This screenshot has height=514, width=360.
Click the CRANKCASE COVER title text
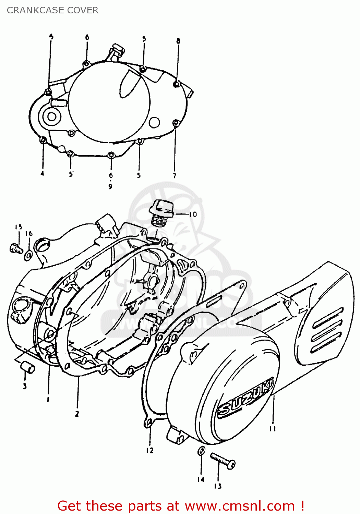52,10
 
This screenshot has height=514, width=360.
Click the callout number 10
193,214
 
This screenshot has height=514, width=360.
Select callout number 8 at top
178,41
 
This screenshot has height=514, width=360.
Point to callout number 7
175,175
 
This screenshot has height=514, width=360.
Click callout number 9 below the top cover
110,187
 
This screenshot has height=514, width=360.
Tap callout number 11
273,428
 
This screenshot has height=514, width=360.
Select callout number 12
150,451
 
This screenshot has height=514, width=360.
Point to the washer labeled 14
202,451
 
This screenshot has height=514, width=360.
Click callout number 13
218,486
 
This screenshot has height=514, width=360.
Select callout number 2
77,414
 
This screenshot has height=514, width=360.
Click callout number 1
48,400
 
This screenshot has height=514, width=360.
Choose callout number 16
29,234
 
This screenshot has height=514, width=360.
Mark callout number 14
201,479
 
